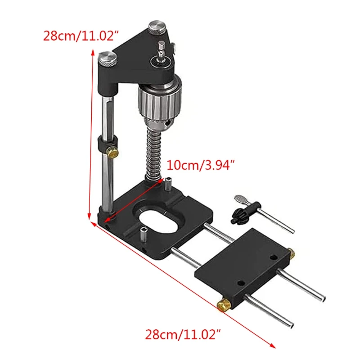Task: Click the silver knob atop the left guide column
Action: [108, 58]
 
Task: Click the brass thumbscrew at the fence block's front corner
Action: [223, 306]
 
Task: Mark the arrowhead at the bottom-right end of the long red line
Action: [274, 346]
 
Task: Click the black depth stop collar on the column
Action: [103, 146]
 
